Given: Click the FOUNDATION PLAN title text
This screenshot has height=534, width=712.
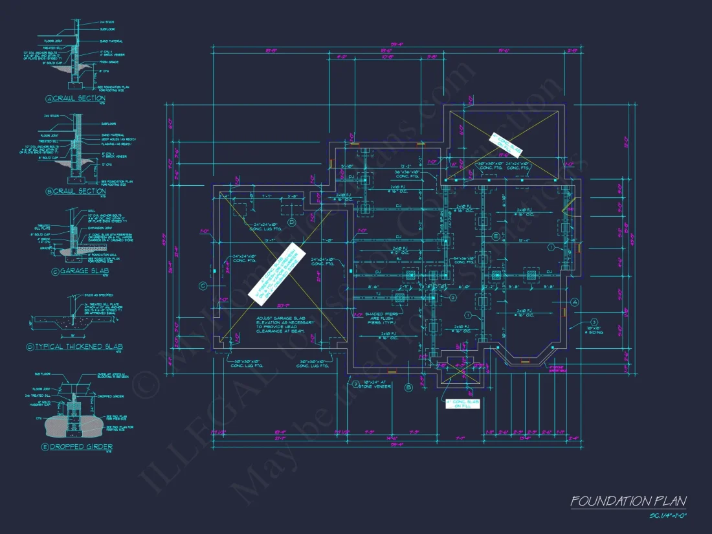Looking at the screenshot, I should tap(628, 501).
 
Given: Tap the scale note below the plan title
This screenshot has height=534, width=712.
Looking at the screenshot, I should tap(667, 516).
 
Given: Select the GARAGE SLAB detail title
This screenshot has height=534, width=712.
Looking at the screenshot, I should tap(78, 272).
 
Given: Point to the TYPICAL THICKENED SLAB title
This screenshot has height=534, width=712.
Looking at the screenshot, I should tap(78, 347).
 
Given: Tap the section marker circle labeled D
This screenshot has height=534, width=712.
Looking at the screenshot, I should tap(291, 223).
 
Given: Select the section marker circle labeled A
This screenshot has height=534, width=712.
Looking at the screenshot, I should tap(573, 302).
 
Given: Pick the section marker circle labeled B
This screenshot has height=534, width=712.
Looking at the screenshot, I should tap(408, 388).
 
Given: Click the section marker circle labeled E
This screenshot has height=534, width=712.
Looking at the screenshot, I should tap(496, 238).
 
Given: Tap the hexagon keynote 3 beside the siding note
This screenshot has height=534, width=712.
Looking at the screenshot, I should tap(593, 322).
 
